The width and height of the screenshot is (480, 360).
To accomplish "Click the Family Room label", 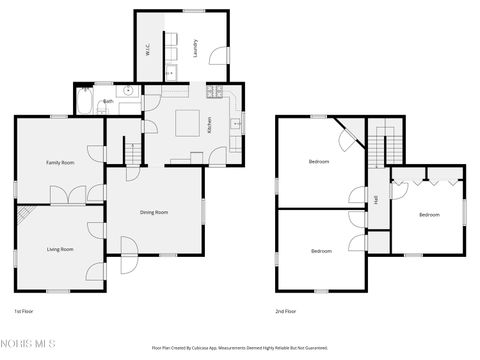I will coord(60,162).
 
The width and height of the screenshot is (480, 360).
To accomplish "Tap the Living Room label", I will coord(60,248).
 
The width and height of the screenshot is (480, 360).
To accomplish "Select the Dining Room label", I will coord(153,212).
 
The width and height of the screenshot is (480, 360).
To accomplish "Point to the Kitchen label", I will coord(209,126).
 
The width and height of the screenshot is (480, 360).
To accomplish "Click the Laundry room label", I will coord(195,46).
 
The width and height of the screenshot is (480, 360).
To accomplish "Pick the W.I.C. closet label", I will coord(148,46).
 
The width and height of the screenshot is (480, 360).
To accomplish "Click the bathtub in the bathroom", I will coord(84,101).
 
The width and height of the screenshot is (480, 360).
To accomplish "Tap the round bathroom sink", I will coord(129,90).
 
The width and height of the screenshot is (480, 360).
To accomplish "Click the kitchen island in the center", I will coord(186,122).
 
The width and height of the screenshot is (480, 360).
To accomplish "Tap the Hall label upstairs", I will coord(375,200).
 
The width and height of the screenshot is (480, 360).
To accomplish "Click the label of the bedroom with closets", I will coord(428,214).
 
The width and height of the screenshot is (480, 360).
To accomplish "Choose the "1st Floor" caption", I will coord(24,311).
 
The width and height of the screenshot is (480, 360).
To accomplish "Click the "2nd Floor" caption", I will coord(286,311).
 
